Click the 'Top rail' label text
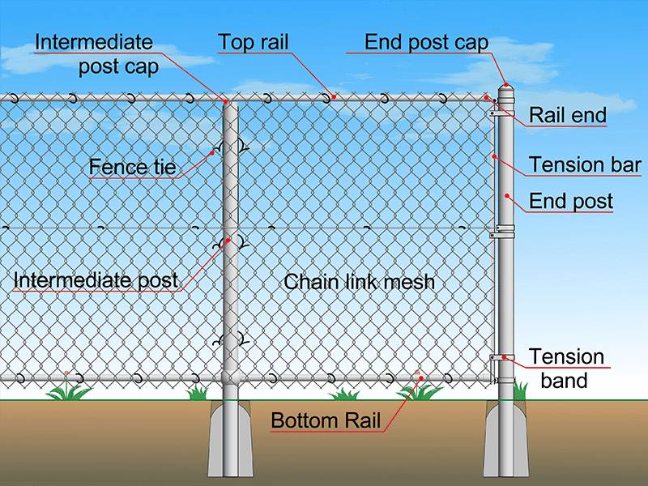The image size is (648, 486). [x=253, y=42]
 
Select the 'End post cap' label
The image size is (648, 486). [x=426, y=43]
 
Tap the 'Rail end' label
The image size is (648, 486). [x=568, y=115]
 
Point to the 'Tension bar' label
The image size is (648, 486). [x=585, y=164]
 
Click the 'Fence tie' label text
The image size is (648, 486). [x=132, y=167]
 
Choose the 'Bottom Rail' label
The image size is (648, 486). [x=326, y=420]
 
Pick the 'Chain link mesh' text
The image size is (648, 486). [x=359, y=282]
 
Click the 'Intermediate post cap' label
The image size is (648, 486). [x=96, y=54]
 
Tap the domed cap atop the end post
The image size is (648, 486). [x=505, y=90]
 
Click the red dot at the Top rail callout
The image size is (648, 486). [x=334, y=97]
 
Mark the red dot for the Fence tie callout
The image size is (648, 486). [x=212, y=153]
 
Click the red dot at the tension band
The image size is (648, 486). [x=504, y=357]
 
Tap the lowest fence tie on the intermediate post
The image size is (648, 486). [x=230, y=340]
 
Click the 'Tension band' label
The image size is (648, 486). [x=565, y=369]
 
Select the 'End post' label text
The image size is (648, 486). [x=571, y=201]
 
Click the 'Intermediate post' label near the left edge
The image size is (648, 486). [x=96, y=280]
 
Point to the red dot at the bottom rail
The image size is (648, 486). [x=421, y=377]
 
